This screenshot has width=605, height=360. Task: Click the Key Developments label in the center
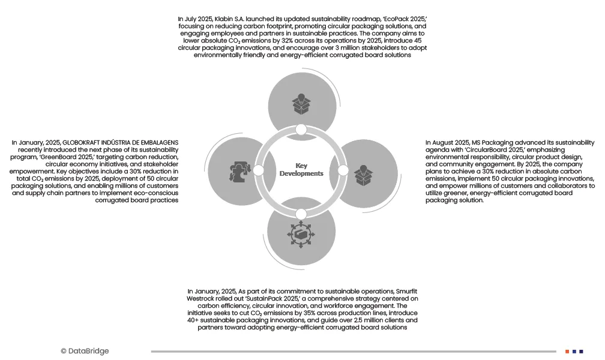[x=301, y=170]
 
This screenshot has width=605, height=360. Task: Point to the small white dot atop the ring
[x=301, y=130]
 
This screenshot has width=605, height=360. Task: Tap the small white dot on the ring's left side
[x=259, y=170]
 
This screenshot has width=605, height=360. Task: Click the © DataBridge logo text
[x=85, y=351]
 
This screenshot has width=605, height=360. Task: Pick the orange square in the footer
[x=567, y=351]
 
